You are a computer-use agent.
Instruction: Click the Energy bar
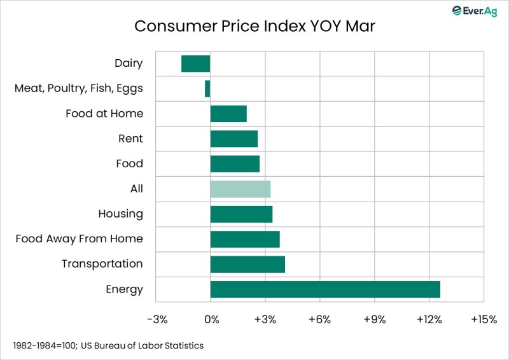click(325, 289)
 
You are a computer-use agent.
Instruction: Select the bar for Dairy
click(195, 64)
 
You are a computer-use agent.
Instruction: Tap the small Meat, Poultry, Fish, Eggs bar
click(207, 88)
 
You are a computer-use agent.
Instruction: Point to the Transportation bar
click(248, 264)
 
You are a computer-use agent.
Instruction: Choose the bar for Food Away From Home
click(245, 239)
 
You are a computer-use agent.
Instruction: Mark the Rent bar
click(234, 139)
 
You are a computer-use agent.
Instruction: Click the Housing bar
click(241, 214)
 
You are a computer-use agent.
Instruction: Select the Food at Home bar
click(228, 114)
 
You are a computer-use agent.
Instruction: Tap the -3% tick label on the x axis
click(157, 319)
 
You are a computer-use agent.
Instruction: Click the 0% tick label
click(211, 319)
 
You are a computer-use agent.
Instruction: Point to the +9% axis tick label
click(374, 319)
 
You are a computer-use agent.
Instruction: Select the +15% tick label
click(484, 319)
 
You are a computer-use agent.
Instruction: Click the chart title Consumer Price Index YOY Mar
click(254, 27)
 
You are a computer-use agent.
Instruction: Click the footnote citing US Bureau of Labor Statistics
click(108, 345)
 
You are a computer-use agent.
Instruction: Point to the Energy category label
click(124, 289)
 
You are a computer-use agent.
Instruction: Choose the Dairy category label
click(129, 63)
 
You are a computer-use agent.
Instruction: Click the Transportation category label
click(102, 264)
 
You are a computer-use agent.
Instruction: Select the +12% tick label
click(429, 319)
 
